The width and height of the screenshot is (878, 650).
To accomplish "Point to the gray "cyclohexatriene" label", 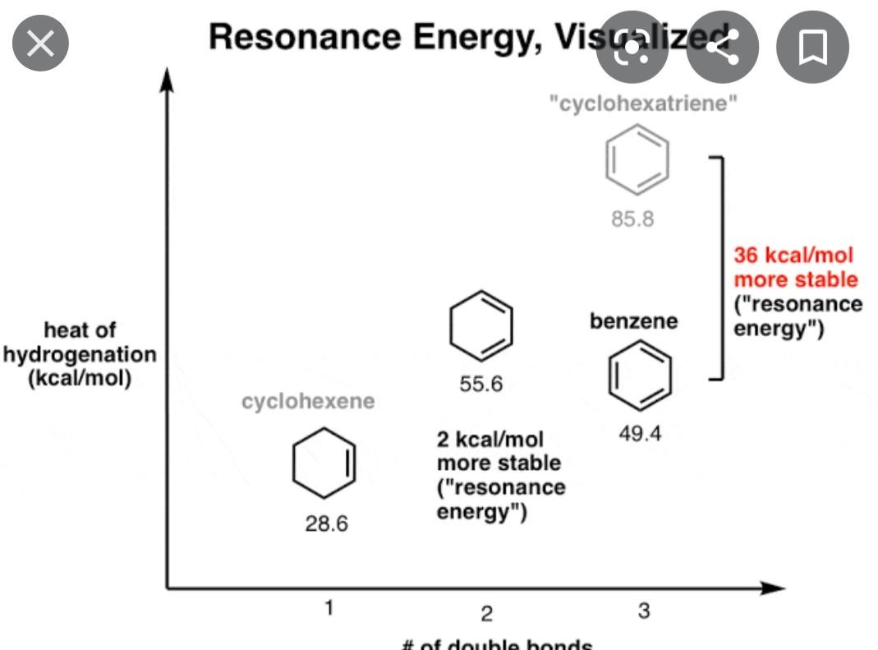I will click(643, 104).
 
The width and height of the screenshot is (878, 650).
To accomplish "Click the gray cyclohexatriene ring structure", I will click(637, 158).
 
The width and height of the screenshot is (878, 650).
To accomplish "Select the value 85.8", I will click(633, 219).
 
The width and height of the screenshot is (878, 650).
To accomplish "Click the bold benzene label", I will click(633, 321).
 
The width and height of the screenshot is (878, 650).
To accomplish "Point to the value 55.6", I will click(480, 384).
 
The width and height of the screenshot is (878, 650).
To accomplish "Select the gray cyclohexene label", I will click(307, 401).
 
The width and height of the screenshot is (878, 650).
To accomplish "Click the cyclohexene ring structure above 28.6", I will click(324, 463).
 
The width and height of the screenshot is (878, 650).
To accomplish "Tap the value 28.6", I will click(326, 523).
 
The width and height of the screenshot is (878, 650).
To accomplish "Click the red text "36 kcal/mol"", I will click(793, 256).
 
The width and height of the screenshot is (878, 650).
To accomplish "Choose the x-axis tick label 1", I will click(329, 609).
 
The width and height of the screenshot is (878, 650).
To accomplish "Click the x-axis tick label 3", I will click(643, 611).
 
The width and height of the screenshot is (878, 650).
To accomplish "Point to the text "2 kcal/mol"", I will click(490, 440).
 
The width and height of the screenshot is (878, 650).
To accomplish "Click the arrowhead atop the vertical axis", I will click(168, 77).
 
